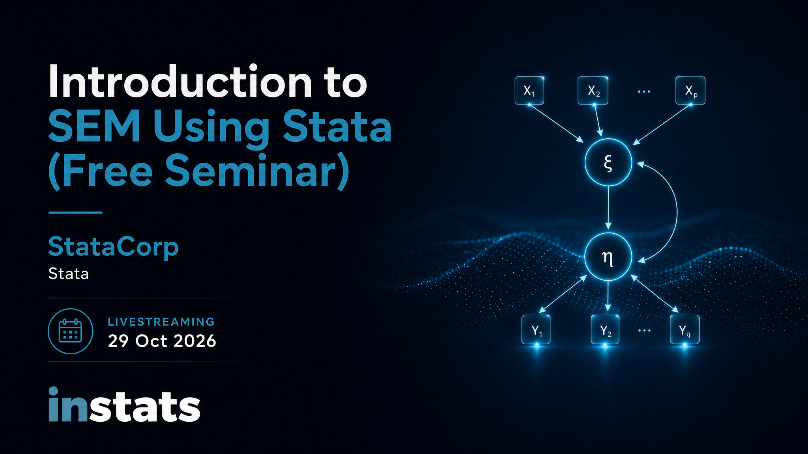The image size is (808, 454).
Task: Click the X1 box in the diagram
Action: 529,91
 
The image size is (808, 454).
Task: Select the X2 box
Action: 593,91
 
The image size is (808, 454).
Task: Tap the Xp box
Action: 690,91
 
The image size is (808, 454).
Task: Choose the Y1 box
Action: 536,329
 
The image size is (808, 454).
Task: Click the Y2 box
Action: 605,329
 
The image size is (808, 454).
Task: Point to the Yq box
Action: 685,329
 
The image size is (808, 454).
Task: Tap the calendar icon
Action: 70,331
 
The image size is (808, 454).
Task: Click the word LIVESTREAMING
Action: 161,322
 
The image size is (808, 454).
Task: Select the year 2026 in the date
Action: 195,341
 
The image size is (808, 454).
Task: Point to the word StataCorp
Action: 114,247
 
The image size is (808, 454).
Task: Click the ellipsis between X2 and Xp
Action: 644,91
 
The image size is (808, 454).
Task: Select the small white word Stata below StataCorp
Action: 69,274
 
